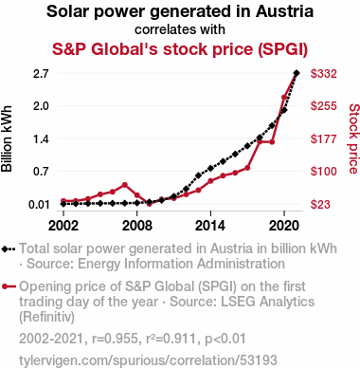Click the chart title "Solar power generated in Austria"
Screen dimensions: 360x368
[x=180, y=11]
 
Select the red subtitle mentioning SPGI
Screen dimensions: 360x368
[x=180, y=49]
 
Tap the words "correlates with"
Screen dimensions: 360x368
[x=180, y=29]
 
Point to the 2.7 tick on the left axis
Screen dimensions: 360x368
[x=41, y=73]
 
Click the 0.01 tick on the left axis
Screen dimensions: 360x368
[x=39, y=204]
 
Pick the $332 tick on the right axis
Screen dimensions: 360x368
[x=323, y=73]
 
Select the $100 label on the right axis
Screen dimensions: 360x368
[x=323, y=172]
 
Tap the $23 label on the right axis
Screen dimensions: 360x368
[x=320, y=204]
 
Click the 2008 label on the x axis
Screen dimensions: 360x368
[x=137, y=226]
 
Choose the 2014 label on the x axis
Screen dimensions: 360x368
[x=210, y=226]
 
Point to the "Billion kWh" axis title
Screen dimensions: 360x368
[x=7, y=138]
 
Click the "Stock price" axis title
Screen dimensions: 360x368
[x=353, y=138]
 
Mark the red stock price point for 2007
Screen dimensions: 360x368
[x=125, y=185]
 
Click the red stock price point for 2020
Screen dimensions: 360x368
[x=284, y=98]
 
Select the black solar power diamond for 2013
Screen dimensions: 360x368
[x=198, y=175]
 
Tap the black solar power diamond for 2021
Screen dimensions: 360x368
[x=297, y=73]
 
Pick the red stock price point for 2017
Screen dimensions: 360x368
[x=247, y=168]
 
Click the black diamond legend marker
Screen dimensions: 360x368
[x=9, y=249]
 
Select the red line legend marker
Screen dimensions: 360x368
[x=9, y=286]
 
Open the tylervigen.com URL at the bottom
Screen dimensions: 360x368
[x=148, y=360]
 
